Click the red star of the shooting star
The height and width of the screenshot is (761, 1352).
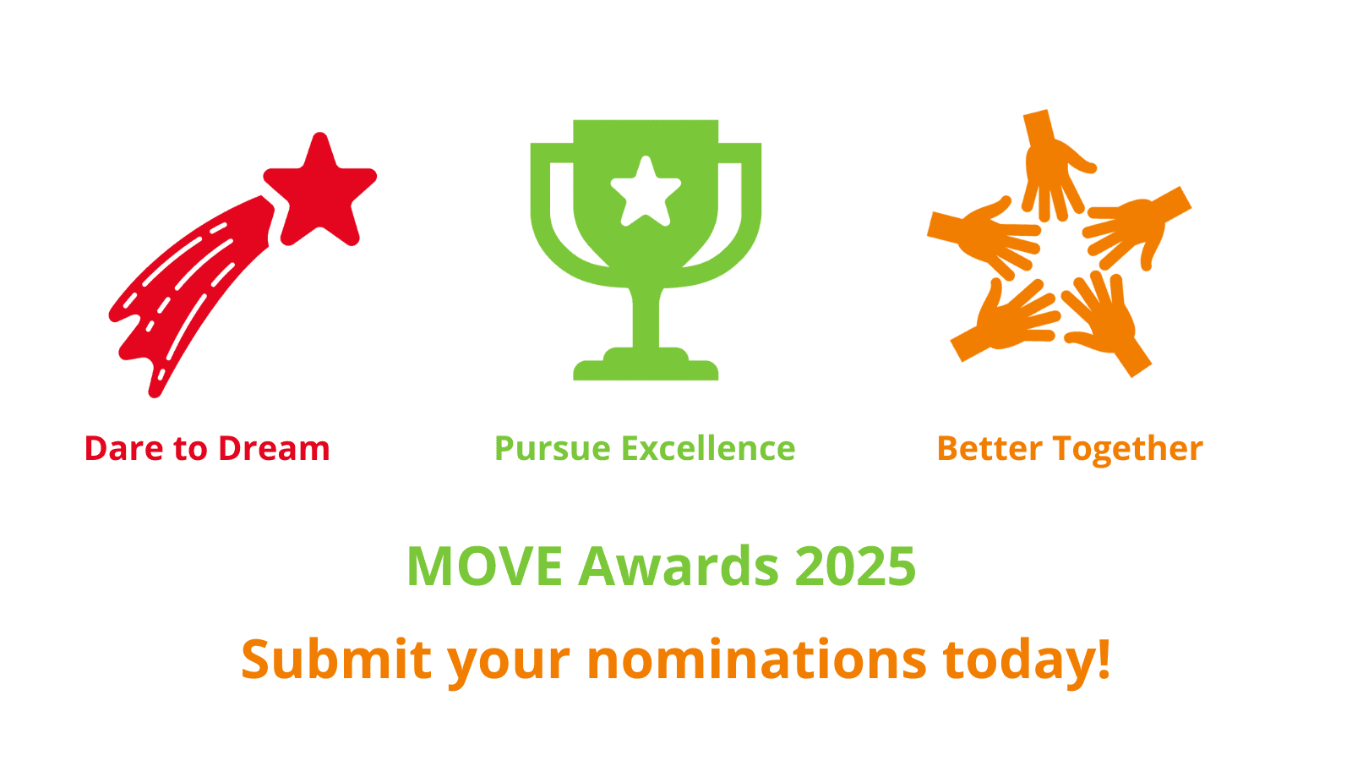319,191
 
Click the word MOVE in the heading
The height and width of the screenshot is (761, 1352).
484,567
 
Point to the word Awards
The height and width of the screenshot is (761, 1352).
679,567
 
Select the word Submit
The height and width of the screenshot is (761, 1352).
336,660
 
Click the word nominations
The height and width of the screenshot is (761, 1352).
756,660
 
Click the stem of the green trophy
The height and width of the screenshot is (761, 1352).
646,317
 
